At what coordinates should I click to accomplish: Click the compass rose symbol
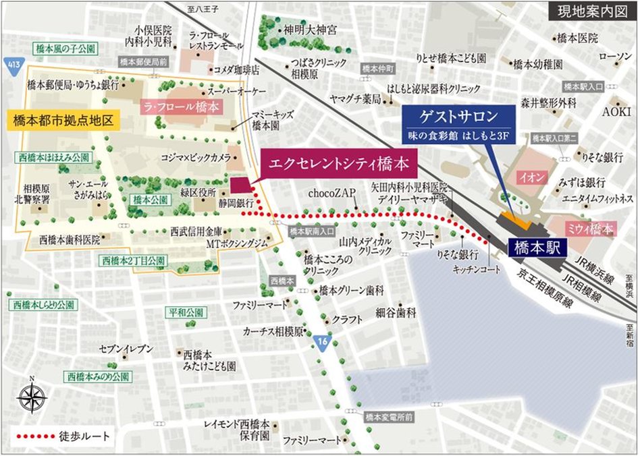(x=31, y=397)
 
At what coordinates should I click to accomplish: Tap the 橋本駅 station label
(x=535, y=247)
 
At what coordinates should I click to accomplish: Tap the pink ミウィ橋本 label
(x=589, y=229)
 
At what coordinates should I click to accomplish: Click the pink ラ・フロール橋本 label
(x=181, y=107)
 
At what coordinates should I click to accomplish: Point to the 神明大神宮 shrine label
(x=310, y=30)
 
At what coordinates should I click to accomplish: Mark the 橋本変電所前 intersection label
(x=388, y=418)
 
